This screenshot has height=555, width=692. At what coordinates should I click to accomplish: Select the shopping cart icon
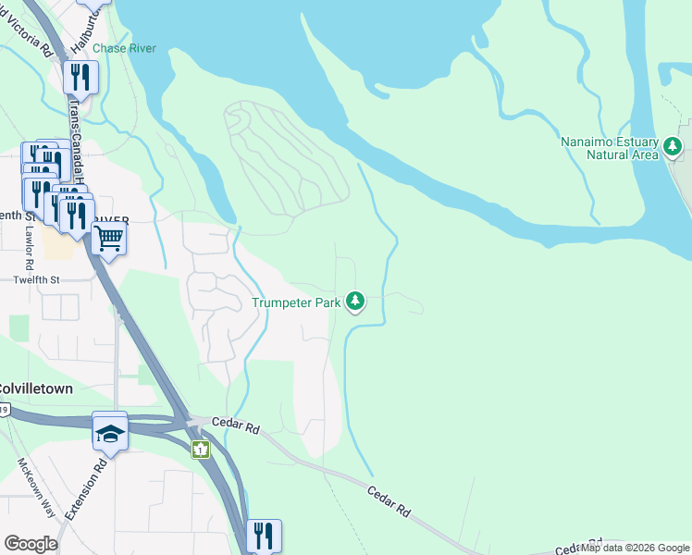coord(109,240)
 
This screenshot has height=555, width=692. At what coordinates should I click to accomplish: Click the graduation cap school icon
coord(110,431)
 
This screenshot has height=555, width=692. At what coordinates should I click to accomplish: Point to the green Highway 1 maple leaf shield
coord(200,450)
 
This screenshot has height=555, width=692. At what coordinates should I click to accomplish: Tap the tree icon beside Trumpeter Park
coord(355,302)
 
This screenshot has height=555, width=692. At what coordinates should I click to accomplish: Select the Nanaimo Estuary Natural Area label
coord(609,148)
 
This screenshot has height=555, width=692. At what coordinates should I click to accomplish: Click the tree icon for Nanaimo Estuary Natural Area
coord(673,146)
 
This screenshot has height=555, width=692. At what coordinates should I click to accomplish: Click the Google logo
coord(31,543)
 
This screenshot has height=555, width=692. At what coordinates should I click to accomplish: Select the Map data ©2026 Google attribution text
coord(634,548)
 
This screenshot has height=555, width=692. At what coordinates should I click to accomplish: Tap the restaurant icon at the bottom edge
coord(264,536)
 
